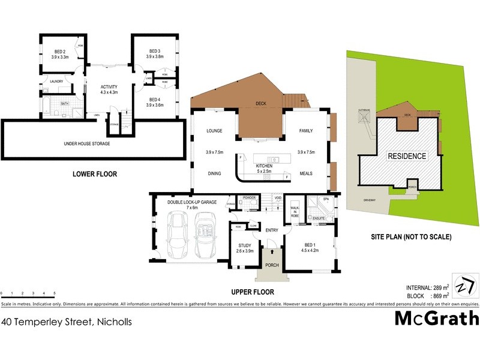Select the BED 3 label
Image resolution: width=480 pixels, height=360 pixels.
pyautogui.click(x=155, y=50)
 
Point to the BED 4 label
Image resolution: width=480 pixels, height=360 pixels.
pyautogui.click(x=155, y=100)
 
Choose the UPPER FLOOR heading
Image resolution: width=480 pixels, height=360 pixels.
pyautogui.click(x=253, y=292)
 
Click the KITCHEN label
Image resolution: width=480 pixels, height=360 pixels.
pyautogui.click(x=265, y=165)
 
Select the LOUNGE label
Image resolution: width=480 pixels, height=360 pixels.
pyautogui.click(x=214, y=131)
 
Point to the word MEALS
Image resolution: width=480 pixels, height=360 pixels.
pyautogui.click(x=307, y=174)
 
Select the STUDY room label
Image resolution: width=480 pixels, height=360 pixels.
pyautogui.click(x=244, y=245)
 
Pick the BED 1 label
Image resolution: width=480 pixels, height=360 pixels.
pyautogui.click(x=309, y=246)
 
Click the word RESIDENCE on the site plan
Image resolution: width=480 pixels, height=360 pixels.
pyautogui.click(x=406, y=156)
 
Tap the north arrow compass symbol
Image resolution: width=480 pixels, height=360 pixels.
pyautogui.click(x=463, y=284)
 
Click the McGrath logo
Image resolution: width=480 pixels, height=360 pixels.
pyautogui.click(x=436, y=318)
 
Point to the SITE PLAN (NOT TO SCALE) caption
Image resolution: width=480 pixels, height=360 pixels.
pyautogui.click(x=411, y=236)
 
